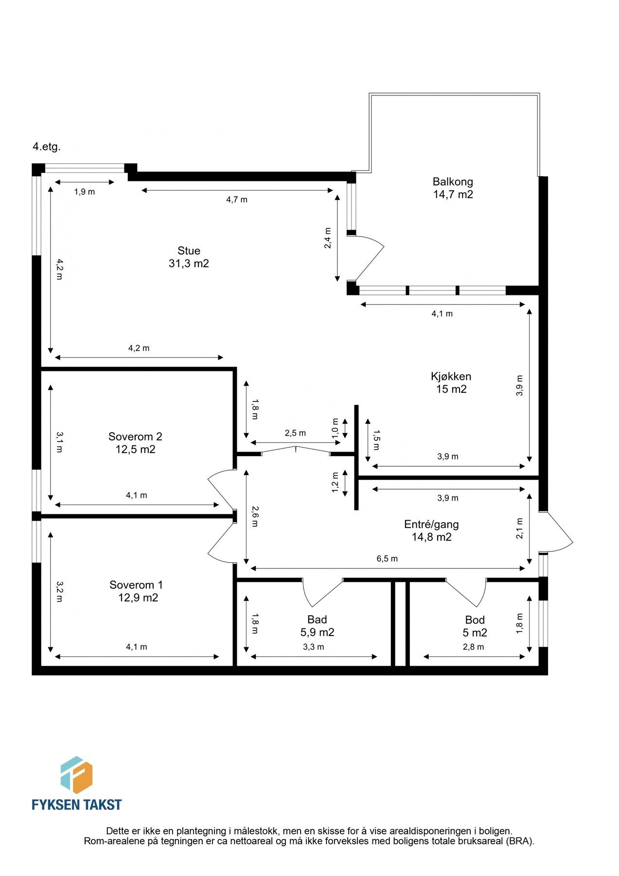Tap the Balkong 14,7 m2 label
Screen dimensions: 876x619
click(x=453, y=188)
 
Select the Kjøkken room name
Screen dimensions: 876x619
click(x=451, y=376)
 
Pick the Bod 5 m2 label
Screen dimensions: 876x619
click(x=475, y=626)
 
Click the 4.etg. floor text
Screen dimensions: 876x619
click(x=47, y=147)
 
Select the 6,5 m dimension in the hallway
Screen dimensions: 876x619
click(x=387, y=559)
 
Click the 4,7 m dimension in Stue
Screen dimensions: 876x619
click(x=237, y=200)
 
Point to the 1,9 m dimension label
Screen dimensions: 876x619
click(x=85, y=192)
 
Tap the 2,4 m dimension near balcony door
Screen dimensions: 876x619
click(x=328, y=238)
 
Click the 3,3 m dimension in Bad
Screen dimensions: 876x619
click(x=314, y=647)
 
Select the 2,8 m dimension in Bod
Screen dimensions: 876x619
click(x=474, y=647)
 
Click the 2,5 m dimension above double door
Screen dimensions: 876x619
click(x=295, y=433)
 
